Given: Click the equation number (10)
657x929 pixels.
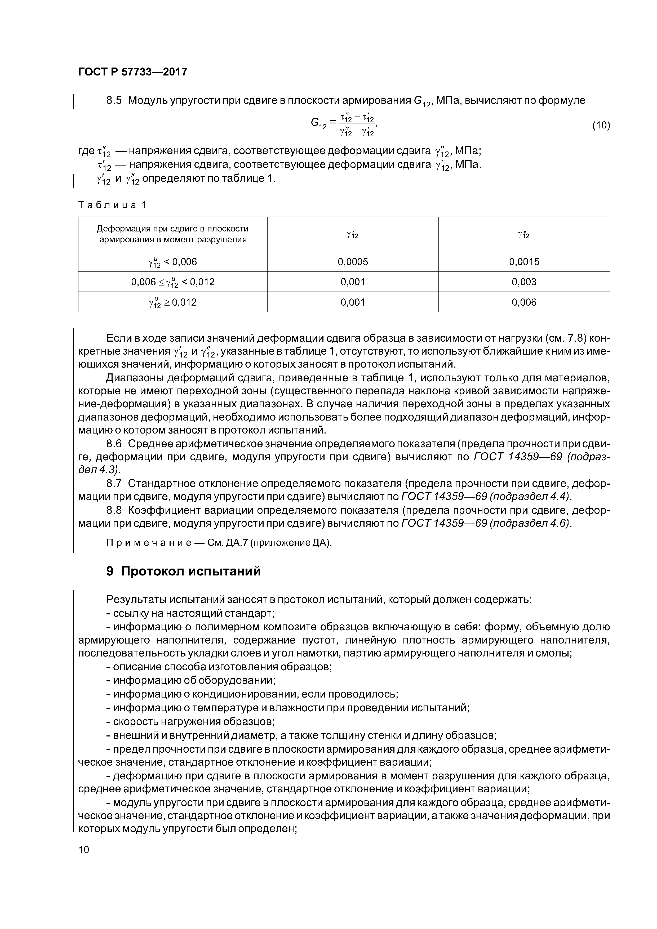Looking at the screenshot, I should click(x=601, y=125).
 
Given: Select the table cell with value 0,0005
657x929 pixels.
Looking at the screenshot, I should click(x=353, y=262).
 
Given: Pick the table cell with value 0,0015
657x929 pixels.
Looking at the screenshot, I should click(x=524, y=262).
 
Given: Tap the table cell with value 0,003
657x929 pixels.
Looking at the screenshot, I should click(x=524, y=282).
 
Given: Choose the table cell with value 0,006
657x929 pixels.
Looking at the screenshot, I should click(x=524, y=302).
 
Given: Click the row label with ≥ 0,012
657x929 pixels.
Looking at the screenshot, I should click(x=172, y=302).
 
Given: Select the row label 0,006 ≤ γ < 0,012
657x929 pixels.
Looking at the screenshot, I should click(x=172, y=282).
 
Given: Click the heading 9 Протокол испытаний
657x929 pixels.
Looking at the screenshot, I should click(x=183, y=571).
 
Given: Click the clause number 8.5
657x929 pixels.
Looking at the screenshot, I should click(x=114, y=100).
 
